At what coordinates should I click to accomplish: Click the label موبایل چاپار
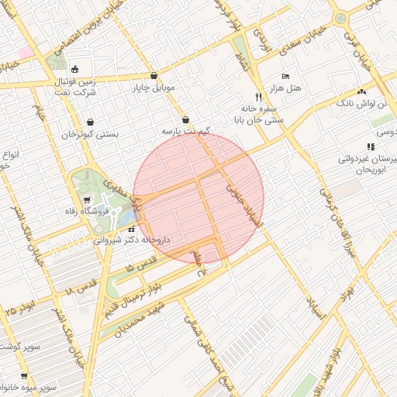point(154,88)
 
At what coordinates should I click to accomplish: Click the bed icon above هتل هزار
point(286,77)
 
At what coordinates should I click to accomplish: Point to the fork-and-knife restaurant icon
point(259,98)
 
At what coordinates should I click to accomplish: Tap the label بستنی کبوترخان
point(91,133)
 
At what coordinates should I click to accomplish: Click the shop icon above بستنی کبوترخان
point(91,122)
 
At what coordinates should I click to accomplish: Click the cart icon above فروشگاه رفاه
point(87,198)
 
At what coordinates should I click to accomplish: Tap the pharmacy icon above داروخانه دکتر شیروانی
point(131,229)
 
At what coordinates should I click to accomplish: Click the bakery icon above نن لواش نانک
point(361,91)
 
